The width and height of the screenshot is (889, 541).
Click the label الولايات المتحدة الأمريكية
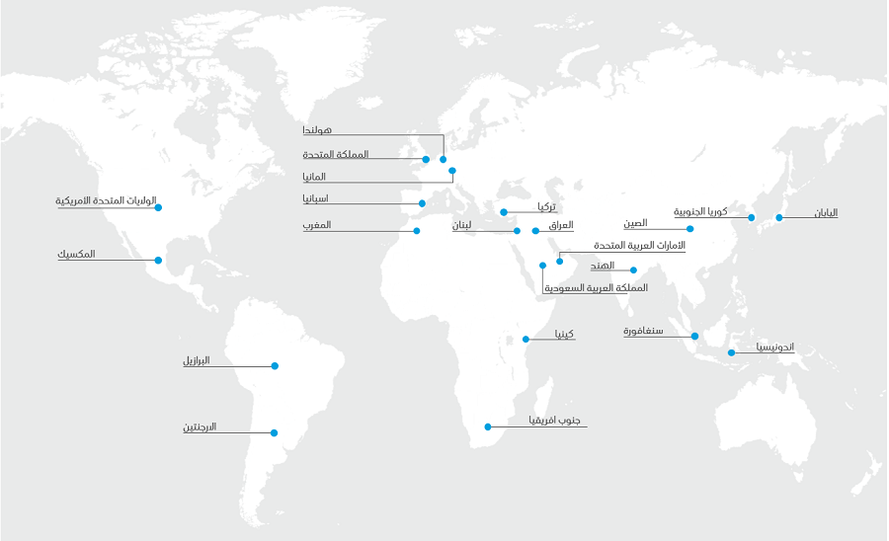(107, 201)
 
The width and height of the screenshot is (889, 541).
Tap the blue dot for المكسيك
(158, 261)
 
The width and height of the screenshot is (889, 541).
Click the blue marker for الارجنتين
(275, 432)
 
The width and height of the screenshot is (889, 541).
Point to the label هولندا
(317, 130)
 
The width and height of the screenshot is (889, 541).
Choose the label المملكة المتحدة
(336, 154)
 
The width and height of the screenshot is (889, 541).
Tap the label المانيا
(315, 177)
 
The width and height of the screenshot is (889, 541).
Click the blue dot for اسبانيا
(422, 203)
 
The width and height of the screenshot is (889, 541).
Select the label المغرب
(317, 225)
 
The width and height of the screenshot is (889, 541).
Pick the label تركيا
(545, 206)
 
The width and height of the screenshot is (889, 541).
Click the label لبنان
(462, 225)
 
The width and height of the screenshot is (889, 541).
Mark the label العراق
(559, 225)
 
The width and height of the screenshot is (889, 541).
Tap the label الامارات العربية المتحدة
(639, 245)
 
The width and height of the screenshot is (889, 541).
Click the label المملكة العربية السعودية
(597, 288)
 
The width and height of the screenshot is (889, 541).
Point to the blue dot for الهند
(633, 270)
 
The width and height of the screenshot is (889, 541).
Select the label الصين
(635, 223)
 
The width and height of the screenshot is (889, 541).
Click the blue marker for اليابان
(778, 217)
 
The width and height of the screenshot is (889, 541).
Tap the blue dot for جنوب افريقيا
(487, 426)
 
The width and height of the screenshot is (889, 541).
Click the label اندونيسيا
(775, 348)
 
